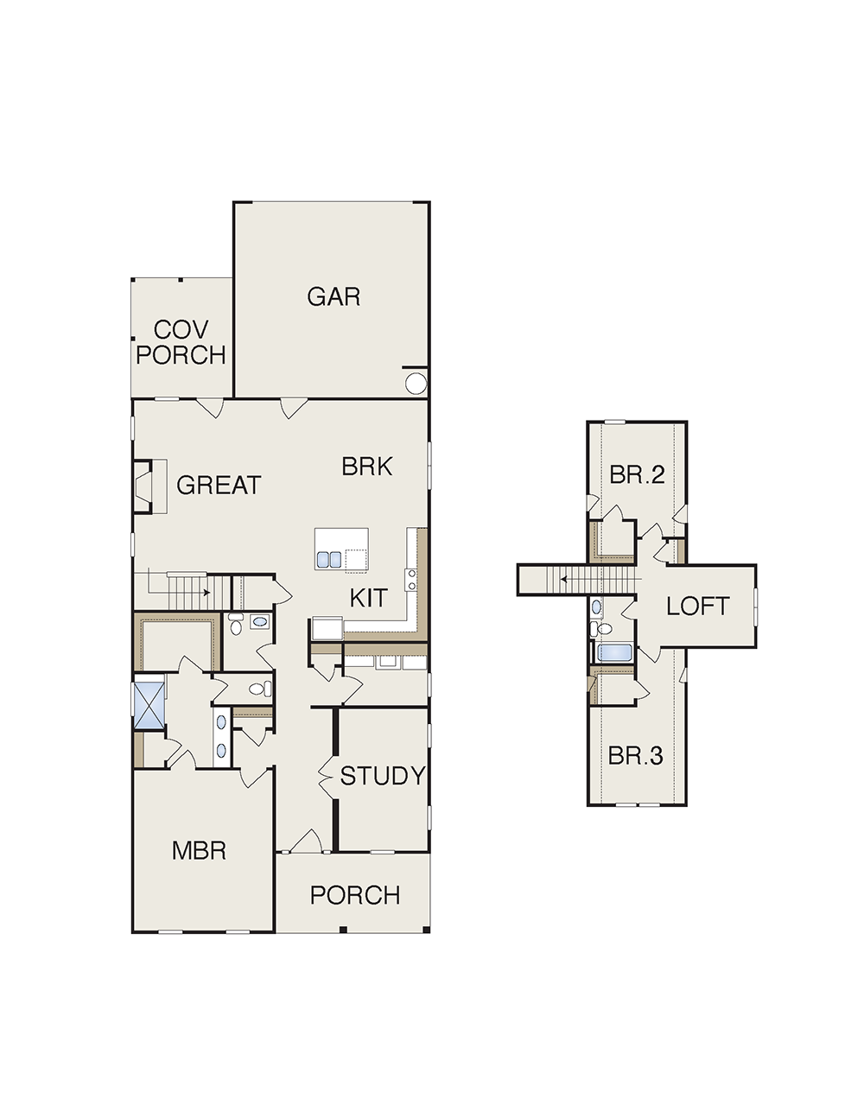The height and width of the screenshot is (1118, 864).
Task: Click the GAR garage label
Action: point(334,297)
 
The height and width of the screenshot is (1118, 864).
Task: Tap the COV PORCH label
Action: point(181,342)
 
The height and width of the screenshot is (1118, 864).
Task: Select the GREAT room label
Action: point(219,486)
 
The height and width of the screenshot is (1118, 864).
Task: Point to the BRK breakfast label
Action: point(366,467)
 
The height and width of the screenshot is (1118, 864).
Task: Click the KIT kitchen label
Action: point(368,598)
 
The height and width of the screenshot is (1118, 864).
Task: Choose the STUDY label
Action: point(383,776)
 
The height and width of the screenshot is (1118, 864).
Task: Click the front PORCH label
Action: point(355,895)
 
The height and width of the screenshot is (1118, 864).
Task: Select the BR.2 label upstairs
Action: point(638,474)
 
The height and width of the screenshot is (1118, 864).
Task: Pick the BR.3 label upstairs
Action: point(636,756)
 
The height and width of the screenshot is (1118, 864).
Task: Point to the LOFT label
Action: point(698,606)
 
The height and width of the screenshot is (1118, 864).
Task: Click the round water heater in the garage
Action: point(416,384)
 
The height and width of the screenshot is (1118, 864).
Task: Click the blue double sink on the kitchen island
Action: point(329,559)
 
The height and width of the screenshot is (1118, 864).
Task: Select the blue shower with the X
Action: point(149,705)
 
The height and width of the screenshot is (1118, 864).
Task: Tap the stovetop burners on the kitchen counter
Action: point(412,580)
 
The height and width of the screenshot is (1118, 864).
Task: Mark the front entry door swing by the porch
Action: point(307,841)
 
